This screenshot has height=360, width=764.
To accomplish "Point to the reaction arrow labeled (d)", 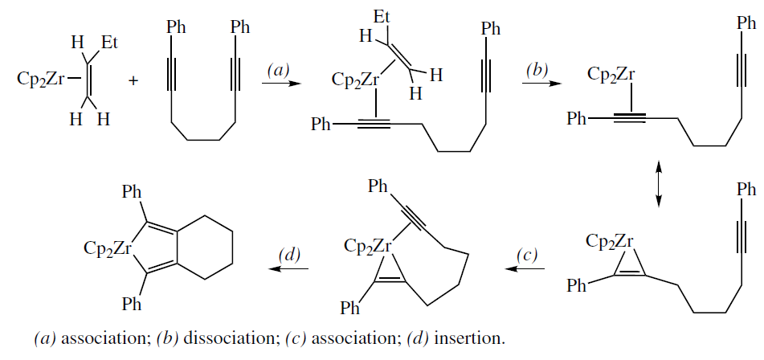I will (290, 269).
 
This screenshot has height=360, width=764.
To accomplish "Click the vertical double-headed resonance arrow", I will (659, 185).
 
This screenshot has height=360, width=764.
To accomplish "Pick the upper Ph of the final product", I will (132, 193).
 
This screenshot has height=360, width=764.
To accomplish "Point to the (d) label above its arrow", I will (288, 255).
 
